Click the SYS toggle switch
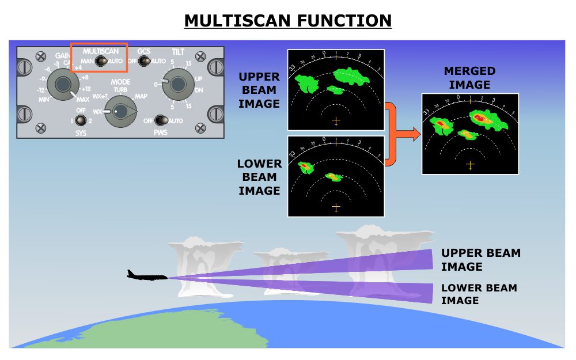point(81,120)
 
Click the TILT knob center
point(177,85)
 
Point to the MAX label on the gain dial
point(82,100)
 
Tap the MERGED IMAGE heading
point(469,78)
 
